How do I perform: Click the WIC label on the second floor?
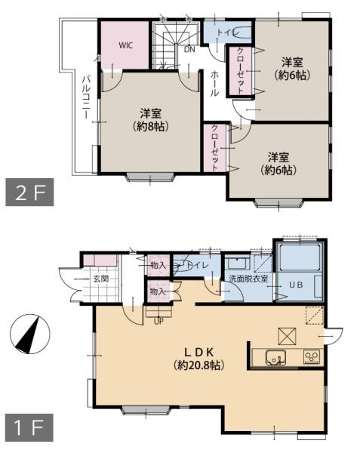point(126,45)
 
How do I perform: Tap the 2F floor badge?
point(29,193)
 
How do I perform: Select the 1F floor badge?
point(29,427)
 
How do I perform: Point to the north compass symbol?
point(29,334)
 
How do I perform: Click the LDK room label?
point(199,352)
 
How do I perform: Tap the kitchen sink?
point(275,357)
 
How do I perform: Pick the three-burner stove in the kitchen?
point(312,356)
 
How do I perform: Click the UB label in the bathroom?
point(296,285)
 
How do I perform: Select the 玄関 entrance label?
point(100,279)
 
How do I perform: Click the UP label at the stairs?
point(158,322)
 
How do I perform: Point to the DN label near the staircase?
point(189,49)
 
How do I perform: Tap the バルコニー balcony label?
point(86,97)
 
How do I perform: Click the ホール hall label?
point(214,84)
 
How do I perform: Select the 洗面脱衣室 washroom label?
point(248,279)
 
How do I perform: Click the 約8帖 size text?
point(151,126)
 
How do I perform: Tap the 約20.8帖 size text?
point(199,365)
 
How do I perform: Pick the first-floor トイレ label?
point(197,265)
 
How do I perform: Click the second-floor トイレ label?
point(228,32)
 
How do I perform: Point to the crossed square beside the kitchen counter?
point(287,336)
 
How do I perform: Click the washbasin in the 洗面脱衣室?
point(236,263)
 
